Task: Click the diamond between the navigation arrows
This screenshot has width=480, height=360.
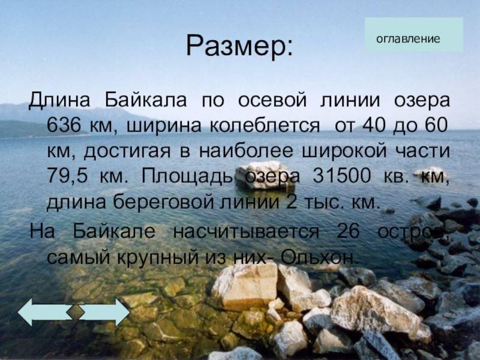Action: click(x=76, y=311)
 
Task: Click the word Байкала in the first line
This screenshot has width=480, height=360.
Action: click(x=146, y=100)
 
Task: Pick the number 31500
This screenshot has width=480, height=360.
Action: click(x=341, y=176)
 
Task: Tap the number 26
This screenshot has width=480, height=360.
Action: click(x=348, y=231)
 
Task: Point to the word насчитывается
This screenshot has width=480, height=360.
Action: click(x=246, y=232)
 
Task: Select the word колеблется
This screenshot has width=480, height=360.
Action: click(x=265, y=125)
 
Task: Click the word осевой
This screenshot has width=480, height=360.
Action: click(x=272, y=100)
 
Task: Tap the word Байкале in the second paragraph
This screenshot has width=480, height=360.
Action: click(x=114, y=231)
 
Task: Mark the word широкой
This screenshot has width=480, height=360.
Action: click(x=344, y=151)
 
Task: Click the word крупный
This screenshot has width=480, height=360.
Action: click(x=158, y=258)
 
